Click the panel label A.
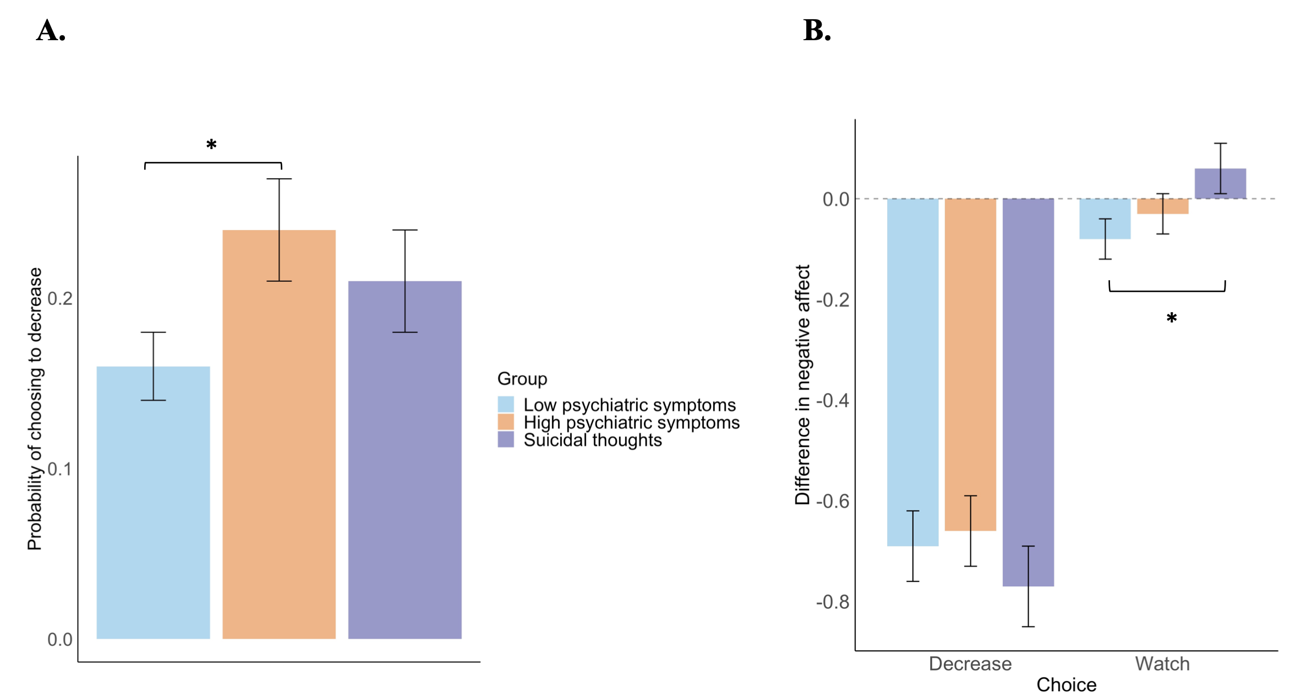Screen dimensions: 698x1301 coord(51,31)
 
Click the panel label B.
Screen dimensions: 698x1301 coord(817,31)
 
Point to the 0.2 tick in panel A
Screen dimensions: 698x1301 coord(60,298)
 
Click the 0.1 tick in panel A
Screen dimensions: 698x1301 coord(60,469)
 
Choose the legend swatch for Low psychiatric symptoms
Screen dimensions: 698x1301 coord(506,405)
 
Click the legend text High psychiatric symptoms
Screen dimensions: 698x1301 coord(631,423)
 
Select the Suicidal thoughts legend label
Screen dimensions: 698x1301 coord(592,440)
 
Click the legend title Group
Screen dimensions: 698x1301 coord(522,379)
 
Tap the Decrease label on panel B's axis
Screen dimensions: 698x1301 coord(970,664)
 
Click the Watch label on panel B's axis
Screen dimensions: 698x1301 coord(1162,664)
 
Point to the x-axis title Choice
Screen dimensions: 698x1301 coord(1066,685)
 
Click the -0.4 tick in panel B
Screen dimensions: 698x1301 coord(832,401)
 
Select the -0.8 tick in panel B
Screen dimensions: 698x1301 coord(832,602)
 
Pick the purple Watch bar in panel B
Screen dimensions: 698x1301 coord(1220,184)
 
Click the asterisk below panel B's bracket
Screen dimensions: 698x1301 coord(1171,319)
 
